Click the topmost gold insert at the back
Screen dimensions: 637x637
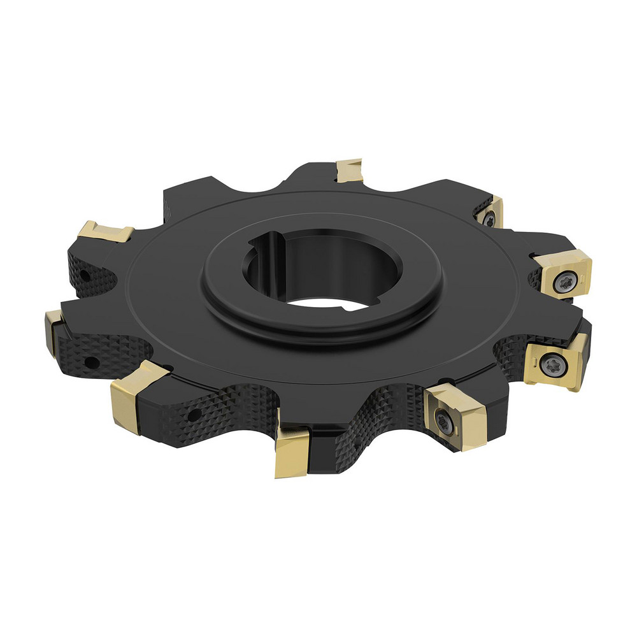tap(349, 170)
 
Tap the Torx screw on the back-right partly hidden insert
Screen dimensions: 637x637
tap(489, 219)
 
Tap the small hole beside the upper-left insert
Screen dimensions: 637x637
tap(84, 276)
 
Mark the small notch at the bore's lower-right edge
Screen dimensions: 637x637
tap(347, 308)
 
